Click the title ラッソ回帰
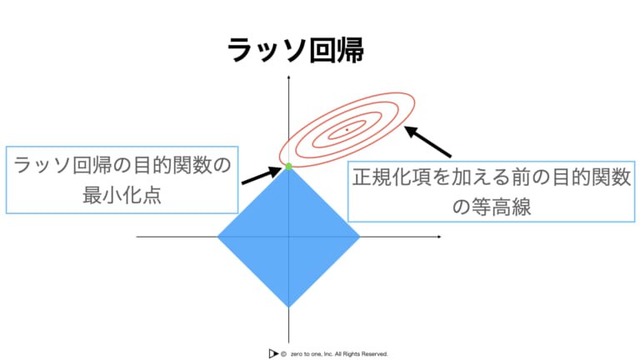(x=296, y=51)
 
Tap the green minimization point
(x=288, y=166)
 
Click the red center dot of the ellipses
(x=347, y=130)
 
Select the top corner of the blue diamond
(x=288, y=167)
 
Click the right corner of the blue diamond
(x=360, y=237)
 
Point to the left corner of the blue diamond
(x=217, y=237)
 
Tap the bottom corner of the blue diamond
(x=288, y=307)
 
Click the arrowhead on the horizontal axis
(x=439, y=237)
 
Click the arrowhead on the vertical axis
(x=288, y=77)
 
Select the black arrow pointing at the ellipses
(x=427, y=142)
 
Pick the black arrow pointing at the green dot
(x=261, y=176)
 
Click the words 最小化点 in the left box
(x=122, y=195)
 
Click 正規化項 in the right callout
(x=391, y=177)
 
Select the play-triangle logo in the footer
(x=273, y=353)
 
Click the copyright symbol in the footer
(x=283, y=354)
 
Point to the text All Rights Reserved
(x=361, y=354)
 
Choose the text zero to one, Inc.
(x=312, y=354)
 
